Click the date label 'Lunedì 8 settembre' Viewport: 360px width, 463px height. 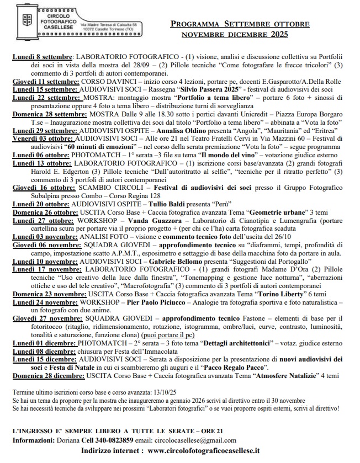43,57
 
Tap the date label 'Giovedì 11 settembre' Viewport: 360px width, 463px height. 46,81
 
